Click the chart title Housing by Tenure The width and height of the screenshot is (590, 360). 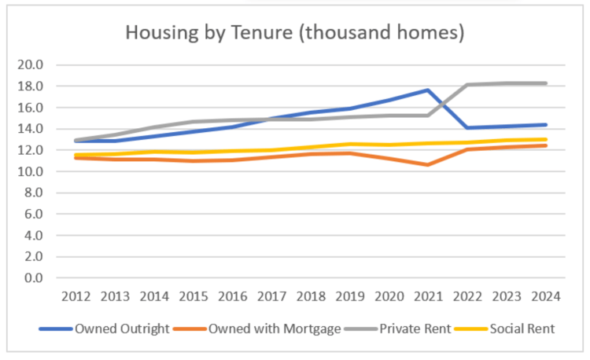click(295, 33)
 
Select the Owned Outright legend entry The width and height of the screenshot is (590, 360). click(104, 329)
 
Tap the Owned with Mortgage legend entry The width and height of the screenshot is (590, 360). click(257, 329)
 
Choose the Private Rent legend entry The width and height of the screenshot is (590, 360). click(398, 329)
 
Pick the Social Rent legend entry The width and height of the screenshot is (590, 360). click(504, 329)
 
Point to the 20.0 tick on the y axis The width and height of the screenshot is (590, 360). click(30, 64)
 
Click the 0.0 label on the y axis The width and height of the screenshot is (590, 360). click(34, 278)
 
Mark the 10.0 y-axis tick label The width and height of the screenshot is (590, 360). click(30, 171)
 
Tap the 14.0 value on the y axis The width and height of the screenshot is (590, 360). click(30, 129)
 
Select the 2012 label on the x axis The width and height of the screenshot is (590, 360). click(76, 296)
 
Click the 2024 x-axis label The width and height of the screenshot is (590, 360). click(546, 296)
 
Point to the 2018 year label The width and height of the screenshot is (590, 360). click(311, 296)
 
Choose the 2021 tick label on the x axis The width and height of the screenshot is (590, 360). click(428, 296)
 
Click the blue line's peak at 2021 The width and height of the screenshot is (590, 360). click(428, 90)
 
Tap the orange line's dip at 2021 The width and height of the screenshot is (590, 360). click(428, 164)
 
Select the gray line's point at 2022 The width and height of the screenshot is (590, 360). click(468, 85)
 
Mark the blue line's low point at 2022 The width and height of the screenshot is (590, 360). click(468, 128)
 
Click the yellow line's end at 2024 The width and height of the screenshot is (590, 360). click(546, 139)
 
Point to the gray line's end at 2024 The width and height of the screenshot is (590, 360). click(546, 83)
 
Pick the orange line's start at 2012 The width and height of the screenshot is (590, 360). click(76, 158)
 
